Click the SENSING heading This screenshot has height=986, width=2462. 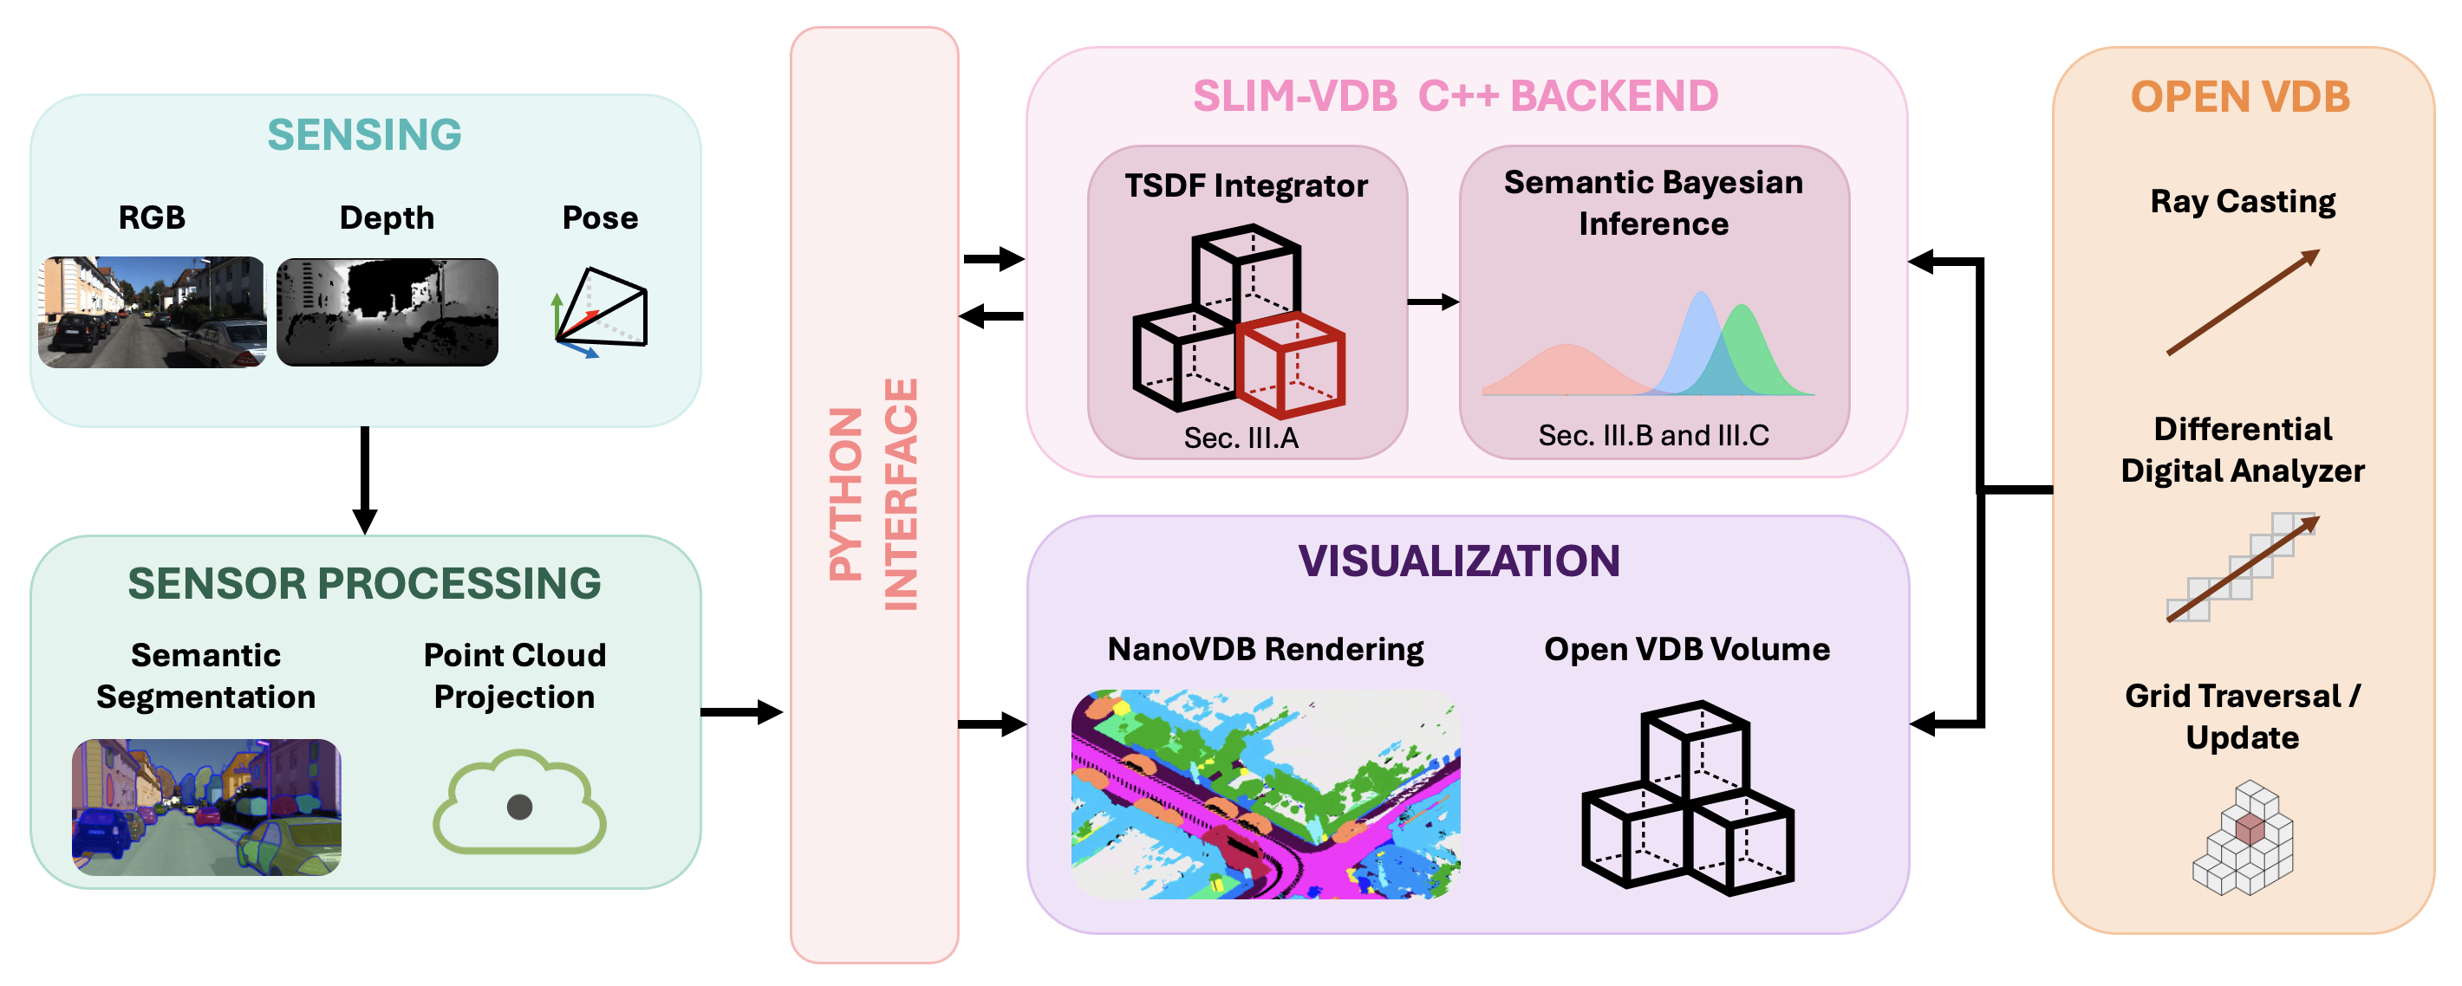pos(364,133)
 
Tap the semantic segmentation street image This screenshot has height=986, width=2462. pos(206,807)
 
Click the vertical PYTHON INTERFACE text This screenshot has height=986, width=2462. pos(874,495)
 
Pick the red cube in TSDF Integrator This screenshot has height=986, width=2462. pos(1291,364)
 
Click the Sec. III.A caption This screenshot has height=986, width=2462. pos(1241,438)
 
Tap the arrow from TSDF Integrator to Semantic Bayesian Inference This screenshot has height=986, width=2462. pos(1433,302)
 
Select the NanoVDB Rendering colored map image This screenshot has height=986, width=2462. pos(1266,794)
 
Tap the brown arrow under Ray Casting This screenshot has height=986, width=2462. pos(2242,302)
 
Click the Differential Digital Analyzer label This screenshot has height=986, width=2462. pos(2242,450)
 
